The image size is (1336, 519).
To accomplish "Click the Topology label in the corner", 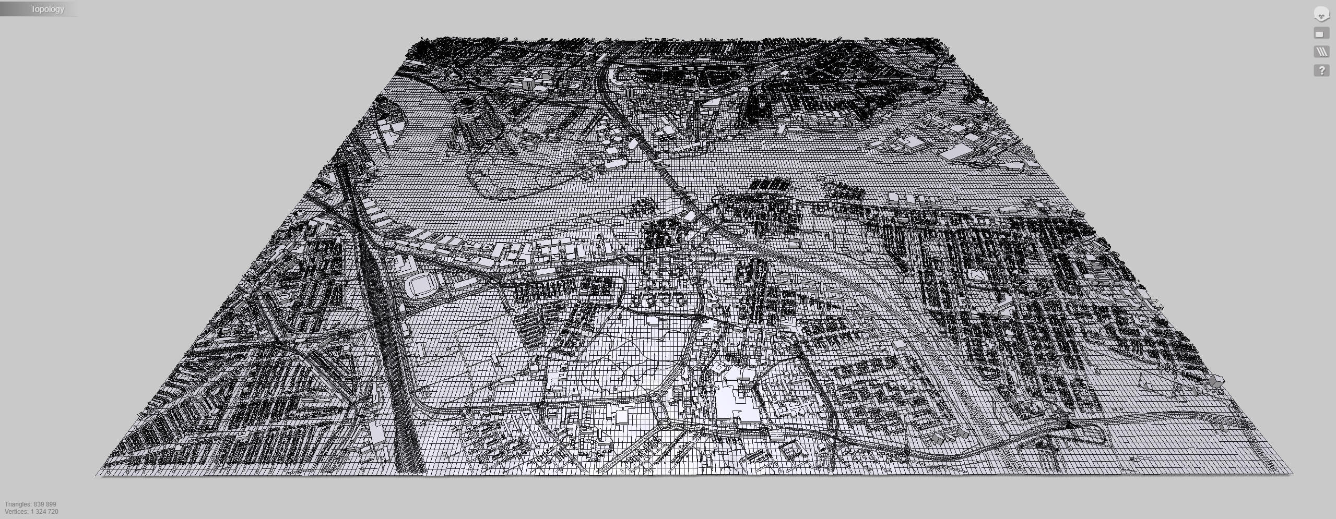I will click(47, 9).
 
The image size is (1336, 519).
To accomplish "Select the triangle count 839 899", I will click(45, 504).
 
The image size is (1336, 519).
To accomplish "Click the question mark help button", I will click(1321, 70).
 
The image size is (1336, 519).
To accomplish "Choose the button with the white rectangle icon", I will click(1321, 34).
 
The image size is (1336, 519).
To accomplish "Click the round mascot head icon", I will click(1321, 15).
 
